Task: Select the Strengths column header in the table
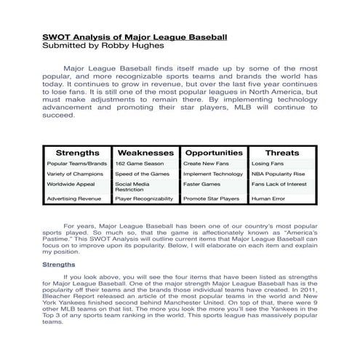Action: coord(77,153)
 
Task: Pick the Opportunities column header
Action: coord(213,153)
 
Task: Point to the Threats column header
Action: coord(281,153)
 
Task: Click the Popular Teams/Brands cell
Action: coord(77,164)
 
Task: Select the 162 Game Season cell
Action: coord(133,164)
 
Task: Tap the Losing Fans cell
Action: coord(267,164)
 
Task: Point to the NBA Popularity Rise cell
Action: coord(278,175)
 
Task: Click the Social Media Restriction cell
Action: coord(133,188)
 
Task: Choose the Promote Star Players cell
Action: coord(211,199)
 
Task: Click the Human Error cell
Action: coord(268,199)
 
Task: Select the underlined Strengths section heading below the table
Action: coord(58,264)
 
